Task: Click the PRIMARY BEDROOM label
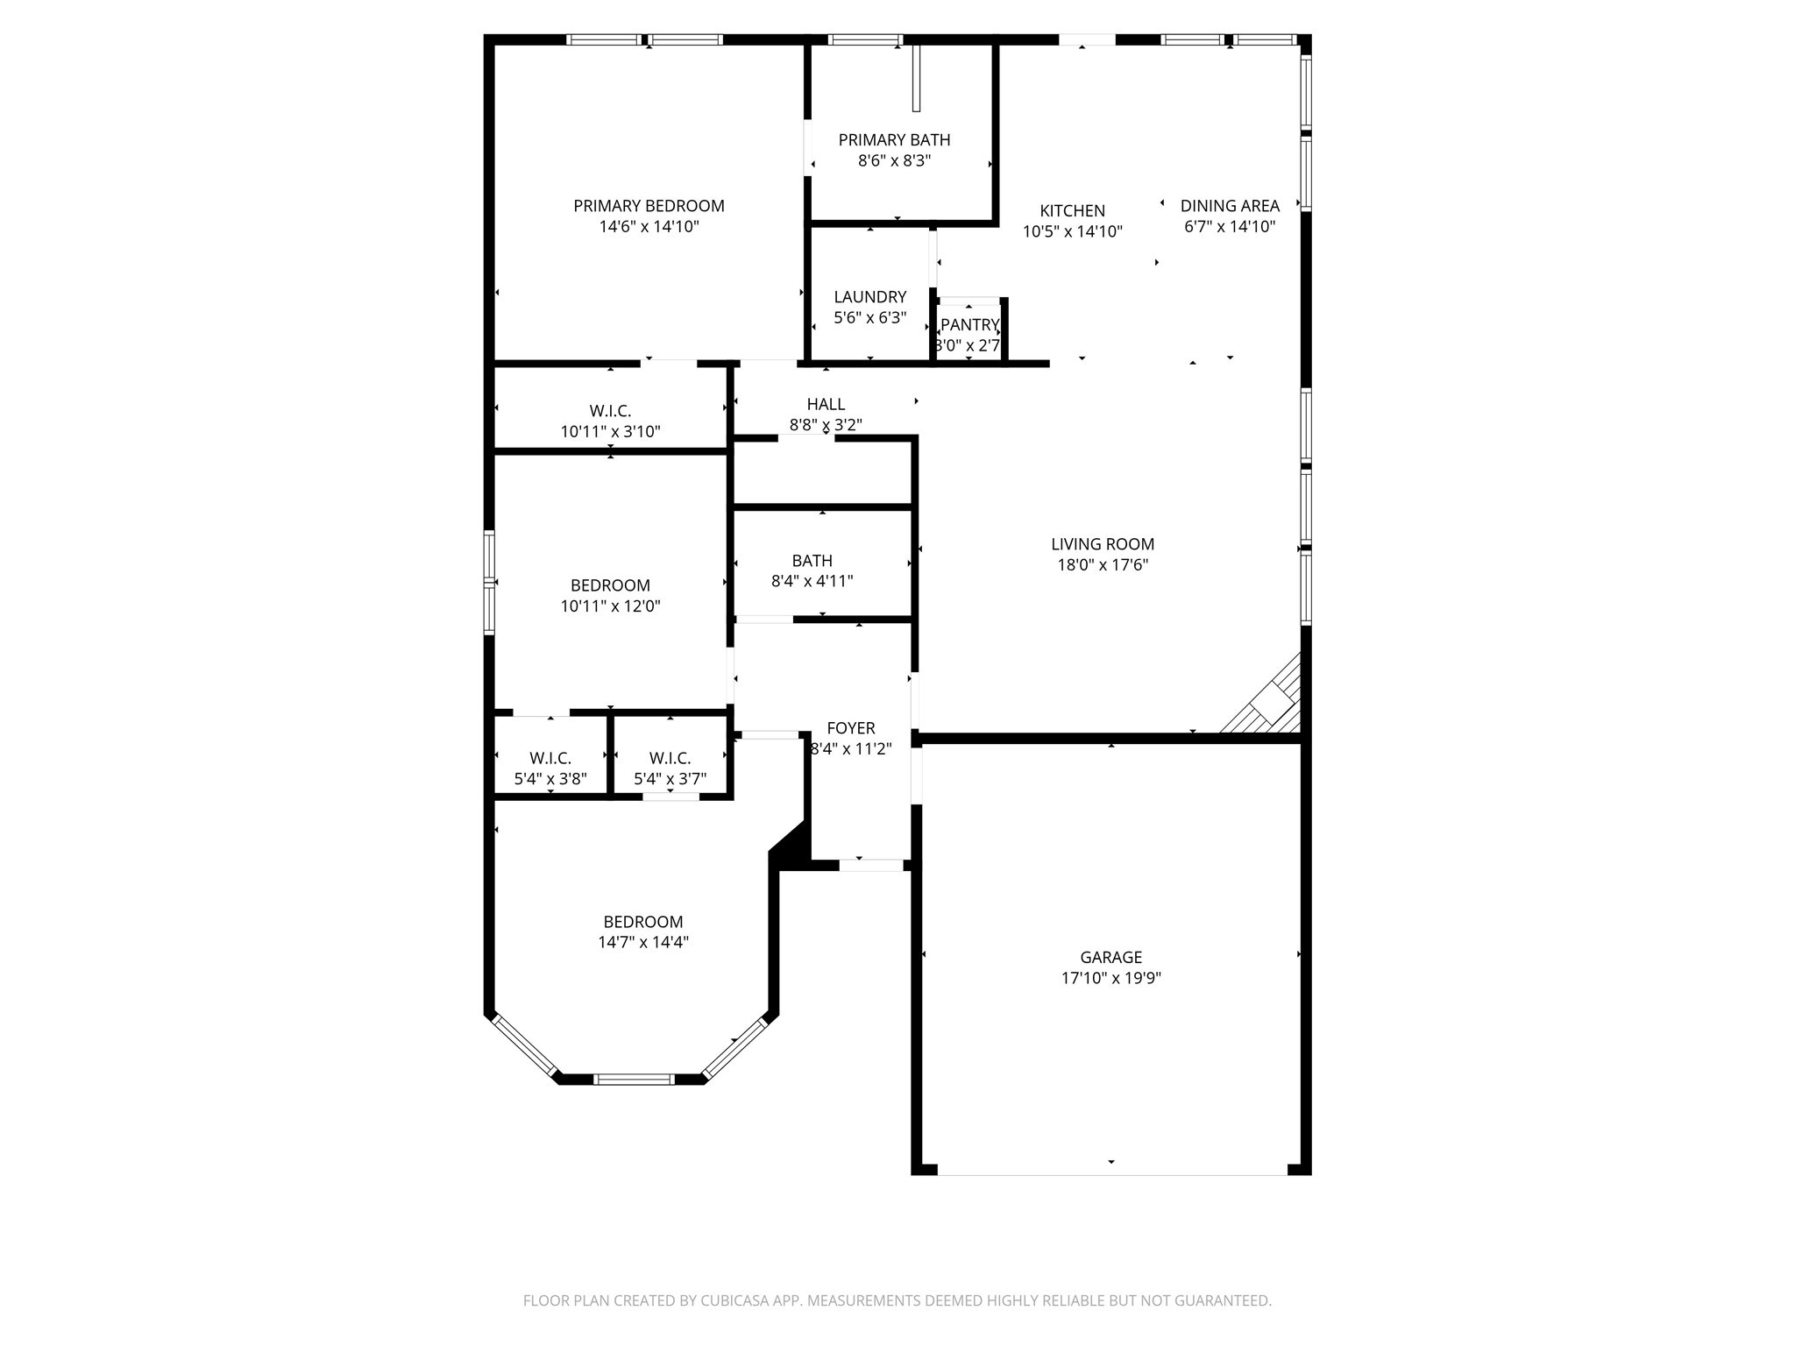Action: point(649,206)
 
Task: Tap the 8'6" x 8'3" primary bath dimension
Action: point(894,161)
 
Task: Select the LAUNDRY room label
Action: point(869,297)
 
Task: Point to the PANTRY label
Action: point(969,325)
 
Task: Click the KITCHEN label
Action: point(1072,211)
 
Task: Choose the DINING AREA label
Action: point(1229,206)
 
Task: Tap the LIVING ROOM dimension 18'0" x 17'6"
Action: point(1103,565)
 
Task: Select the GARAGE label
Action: point(1110,958)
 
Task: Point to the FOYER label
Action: point(850,728)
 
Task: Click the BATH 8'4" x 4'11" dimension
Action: point(812,581)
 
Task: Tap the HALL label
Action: point(826,404)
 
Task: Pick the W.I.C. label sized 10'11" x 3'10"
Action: point(610,411)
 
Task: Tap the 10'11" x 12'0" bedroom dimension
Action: point(610,606)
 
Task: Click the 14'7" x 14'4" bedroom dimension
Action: point(642,943)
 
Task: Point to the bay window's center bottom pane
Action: point(634,1079)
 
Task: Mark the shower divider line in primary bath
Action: point(916,79)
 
